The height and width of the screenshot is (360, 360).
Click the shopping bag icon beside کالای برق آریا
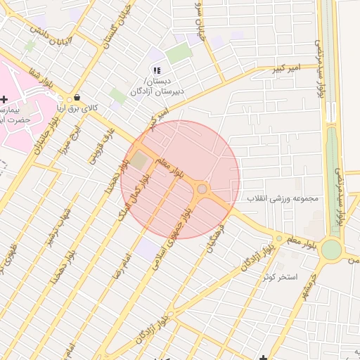click(x=76, y=98)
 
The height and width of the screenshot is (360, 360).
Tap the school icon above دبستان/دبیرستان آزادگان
click(x=156, y=70)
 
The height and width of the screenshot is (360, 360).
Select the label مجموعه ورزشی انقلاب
click(x=283, y=198)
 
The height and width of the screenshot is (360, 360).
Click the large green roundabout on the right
click(x=331, y=250)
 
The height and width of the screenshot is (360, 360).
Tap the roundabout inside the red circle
click(x=202, y=188)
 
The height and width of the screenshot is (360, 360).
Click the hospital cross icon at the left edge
click(x=4, y=99)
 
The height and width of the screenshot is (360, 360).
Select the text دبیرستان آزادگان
click(x=159, y=91)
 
